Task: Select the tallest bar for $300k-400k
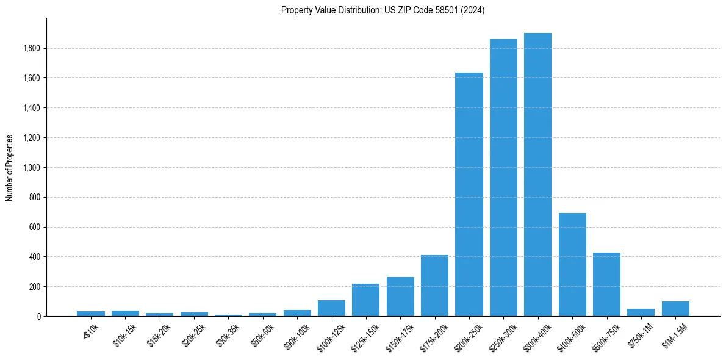click(537, 175)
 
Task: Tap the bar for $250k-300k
click(503, 178)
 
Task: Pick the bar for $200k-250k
click(469, 195)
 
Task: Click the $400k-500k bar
click(572, 265)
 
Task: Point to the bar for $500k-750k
click(606, 284)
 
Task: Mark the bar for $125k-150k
click(365, 300)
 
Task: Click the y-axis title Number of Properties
click(10, 168)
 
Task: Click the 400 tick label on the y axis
click(34, 257)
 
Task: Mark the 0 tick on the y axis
click(38, 317)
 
